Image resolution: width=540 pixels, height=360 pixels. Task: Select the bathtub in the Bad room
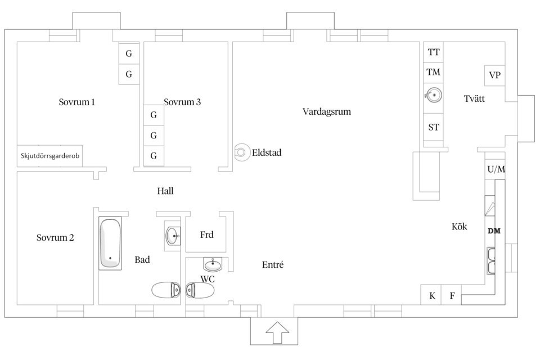110,244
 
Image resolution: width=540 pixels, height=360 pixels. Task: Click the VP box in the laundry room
495,75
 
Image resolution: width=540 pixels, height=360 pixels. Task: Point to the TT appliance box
434,52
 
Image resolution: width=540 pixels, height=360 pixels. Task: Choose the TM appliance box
434,72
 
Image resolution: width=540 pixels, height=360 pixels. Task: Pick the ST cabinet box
434,127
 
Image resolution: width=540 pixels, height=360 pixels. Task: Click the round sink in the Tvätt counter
433,95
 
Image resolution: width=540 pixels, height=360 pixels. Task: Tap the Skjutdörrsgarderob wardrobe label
50,156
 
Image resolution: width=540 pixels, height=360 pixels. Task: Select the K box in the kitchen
432,295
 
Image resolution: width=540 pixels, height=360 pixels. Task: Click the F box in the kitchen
452,295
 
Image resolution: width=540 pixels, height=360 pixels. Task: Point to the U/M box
496,169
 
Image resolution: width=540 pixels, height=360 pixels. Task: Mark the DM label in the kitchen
494,231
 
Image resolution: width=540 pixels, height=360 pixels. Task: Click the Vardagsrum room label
326,111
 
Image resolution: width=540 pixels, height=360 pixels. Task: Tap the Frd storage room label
206,235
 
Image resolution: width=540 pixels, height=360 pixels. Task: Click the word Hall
165,191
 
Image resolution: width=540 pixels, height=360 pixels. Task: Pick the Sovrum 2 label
55,237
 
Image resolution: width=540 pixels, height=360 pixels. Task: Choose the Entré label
273,264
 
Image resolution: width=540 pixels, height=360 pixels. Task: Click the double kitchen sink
492,260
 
